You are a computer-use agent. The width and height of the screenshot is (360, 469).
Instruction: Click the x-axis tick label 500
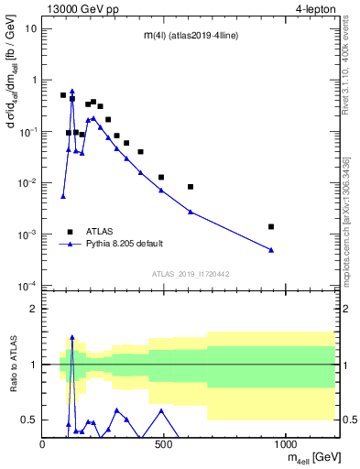[165, 445]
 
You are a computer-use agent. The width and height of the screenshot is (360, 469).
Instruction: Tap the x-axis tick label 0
[43, 445]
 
